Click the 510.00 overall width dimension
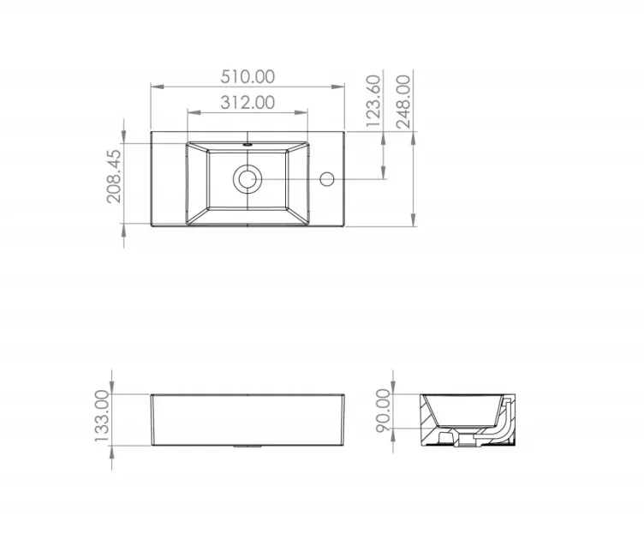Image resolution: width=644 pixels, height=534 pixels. [247, 75]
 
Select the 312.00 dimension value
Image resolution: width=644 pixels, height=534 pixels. [247, 102]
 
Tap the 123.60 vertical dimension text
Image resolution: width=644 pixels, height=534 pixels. [373, 101]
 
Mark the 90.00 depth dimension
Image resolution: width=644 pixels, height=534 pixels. [382, 410]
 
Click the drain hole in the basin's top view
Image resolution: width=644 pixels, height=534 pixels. [247, 179]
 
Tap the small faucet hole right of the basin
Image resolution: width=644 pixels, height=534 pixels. [326, 179]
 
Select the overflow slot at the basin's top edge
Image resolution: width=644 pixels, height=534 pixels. [247, 145]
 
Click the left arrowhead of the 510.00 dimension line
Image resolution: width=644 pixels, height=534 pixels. [155, 86]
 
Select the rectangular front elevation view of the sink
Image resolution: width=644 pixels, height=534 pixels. [247, 420]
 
